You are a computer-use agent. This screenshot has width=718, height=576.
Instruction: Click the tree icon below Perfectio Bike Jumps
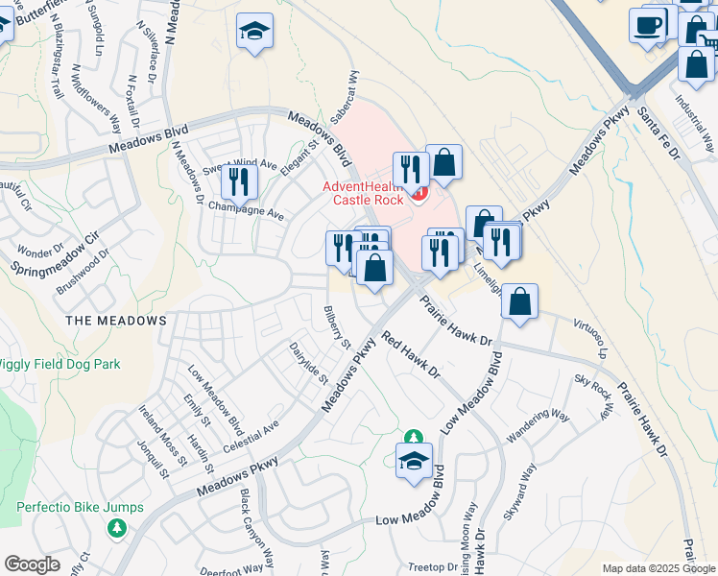(116, 528)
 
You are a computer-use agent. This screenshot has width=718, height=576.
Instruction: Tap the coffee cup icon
(648, 24)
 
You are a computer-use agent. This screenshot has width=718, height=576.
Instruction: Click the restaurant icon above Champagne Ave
(239, 182)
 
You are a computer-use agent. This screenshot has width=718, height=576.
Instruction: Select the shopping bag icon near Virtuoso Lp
(519, 301)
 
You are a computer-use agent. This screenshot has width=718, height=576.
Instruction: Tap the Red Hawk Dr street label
(410, 353)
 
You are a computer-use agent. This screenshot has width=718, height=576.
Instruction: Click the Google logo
(33, 564)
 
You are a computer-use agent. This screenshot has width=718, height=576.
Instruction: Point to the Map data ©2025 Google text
(658, 568)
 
